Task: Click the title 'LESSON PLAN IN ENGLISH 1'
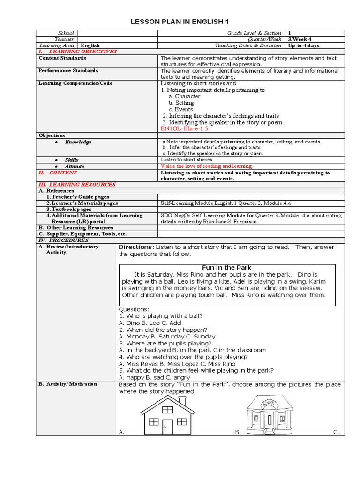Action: click(180, 22)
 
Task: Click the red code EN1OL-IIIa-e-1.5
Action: click(184, 128)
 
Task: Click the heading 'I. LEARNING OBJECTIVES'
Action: click(77, 52)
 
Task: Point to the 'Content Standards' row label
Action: click(62, 58)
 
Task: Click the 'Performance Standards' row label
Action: click(68, 71)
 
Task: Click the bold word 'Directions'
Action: click(135, 247)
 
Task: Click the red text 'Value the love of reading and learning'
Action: click(206, 166)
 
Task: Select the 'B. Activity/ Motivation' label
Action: click(67, 384)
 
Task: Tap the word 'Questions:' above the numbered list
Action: click(134, 309)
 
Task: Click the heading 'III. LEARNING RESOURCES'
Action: click(77, 185)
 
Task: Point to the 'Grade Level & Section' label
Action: click(254, 33)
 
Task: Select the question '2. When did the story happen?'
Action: click(159, 330)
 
